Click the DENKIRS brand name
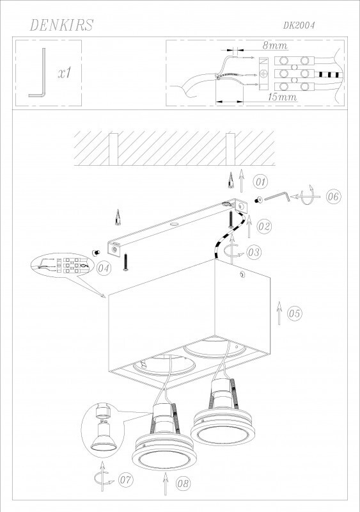click(61, 25)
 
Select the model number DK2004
click(299, 26)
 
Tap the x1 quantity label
click(65, 73)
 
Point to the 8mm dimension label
click(275, 45)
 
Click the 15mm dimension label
click(283, 97)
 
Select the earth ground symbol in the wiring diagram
click(263, 74)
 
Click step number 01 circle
click(260, 182)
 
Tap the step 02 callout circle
click(263, 227)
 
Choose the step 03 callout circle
click(254, 252)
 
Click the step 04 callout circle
click(104, 268)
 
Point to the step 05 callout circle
click(294, 314)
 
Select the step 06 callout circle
click(333, 196)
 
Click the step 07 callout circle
click(126, 480)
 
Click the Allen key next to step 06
click(278, 197)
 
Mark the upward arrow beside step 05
click(279, 313)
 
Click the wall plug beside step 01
click(231, 180)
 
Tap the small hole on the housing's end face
click(242, 275)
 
